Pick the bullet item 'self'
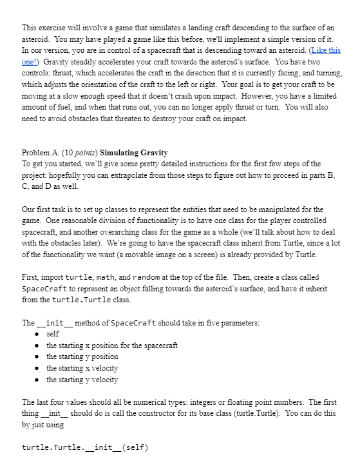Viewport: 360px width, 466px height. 53,334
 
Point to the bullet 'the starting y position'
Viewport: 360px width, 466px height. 82,356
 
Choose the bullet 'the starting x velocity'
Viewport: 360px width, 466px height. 82,368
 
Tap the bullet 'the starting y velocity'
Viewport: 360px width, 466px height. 82,380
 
